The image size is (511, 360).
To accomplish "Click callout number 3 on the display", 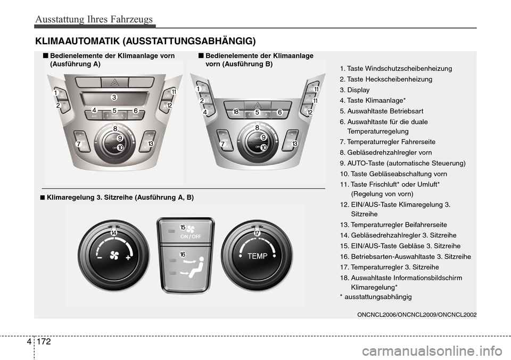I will coord(113,97).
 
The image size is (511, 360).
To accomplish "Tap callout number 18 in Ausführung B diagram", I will coord(236,112).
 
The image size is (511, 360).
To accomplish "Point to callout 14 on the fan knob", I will coord(114,233).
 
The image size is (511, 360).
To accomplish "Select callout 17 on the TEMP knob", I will coord(257,233).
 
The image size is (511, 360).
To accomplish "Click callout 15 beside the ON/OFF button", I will coord(183,227).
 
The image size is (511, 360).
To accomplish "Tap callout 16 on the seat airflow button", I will coord(183,255).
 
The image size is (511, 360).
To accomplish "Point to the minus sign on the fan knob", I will coord(100,257).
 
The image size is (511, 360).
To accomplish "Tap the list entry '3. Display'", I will coord(354,90).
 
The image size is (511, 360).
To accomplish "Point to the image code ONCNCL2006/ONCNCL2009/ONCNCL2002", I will coord(417,315).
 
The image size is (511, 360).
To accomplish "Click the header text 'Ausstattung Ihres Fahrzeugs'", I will coord(94,20).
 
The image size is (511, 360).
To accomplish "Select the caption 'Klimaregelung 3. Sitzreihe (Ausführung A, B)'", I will coord(120,197).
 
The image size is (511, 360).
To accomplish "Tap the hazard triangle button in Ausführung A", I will coord(114,81).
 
